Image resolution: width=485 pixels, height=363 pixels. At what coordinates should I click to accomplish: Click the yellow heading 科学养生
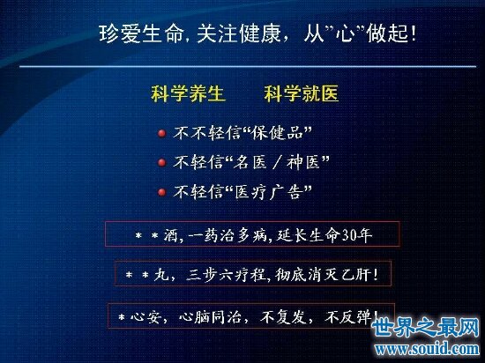point(188,93)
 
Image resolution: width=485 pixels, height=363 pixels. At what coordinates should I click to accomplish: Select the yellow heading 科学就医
point(302,93)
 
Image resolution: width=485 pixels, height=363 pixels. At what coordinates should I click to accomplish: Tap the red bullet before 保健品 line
point(161,133)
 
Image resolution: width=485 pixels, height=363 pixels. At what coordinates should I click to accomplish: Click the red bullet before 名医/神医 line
point(161,162)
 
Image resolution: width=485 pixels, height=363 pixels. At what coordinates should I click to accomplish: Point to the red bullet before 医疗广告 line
point(161,192)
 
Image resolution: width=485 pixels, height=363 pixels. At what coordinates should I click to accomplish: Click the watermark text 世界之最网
point(426,328)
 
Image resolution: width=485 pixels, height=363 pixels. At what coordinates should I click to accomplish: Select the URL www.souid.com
point(427,349)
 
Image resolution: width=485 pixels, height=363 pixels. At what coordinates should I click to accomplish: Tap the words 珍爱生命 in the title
point(141,33)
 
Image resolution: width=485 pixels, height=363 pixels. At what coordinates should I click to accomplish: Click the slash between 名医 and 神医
point(276,162)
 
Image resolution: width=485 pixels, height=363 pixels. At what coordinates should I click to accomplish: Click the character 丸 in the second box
point(161,275)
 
